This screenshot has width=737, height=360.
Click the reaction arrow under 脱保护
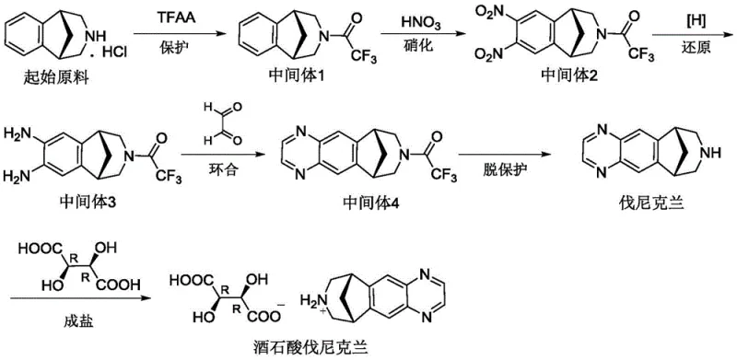pos(511,156)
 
